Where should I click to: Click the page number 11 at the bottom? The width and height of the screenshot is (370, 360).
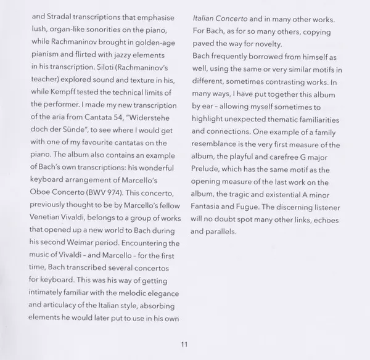tap(184, 343)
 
